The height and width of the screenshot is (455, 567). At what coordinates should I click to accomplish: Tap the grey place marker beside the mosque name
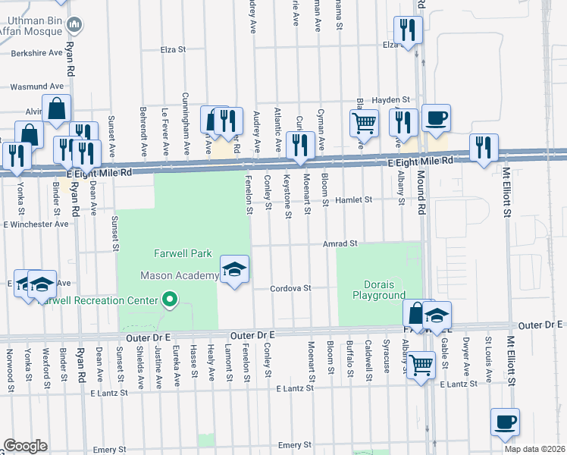(x=75, y=25)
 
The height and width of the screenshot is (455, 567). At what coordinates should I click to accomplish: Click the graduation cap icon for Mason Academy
(x=234, y=268)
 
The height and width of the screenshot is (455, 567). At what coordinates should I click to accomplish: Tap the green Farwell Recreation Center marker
(x=170, y=300)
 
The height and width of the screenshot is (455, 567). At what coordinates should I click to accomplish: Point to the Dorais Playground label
(x=379, y=290)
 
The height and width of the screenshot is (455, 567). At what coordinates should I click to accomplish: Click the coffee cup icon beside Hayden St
(x=436, y=118)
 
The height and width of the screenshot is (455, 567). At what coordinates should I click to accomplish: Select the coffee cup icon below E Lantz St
(x=504, y=420)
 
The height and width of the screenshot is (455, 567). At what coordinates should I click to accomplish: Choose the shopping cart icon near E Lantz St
(x=421, y=365)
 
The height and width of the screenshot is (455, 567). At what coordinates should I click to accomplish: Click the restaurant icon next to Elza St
(x=408, y=30)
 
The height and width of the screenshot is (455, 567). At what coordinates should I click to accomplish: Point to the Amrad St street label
(x=339, y=243)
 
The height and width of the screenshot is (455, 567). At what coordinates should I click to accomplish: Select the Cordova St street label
(x=291, y=288)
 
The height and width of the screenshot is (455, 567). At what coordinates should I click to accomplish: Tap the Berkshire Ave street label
(x=36, y=53)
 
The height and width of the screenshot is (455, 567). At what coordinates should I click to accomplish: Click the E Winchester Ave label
(x=36, y=224)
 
